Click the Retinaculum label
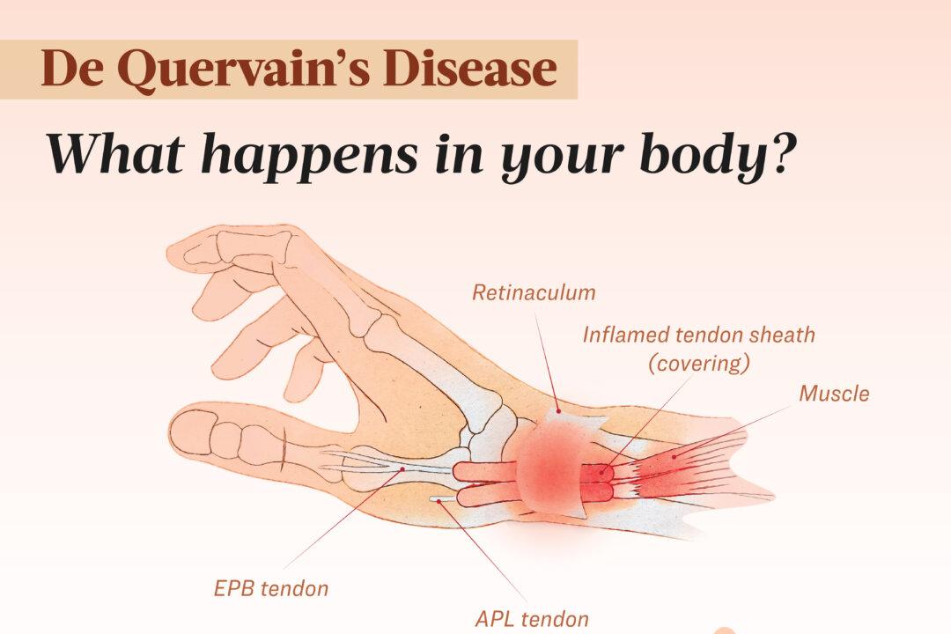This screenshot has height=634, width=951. [534, 292]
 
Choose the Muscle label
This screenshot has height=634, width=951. [833, 393]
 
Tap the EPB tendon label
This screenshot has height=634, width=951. [270, 588]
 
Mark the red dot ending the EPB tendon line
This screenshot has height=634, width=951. [402, 469]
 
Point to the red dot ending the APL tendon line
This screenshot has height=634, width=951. [440, 499]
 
